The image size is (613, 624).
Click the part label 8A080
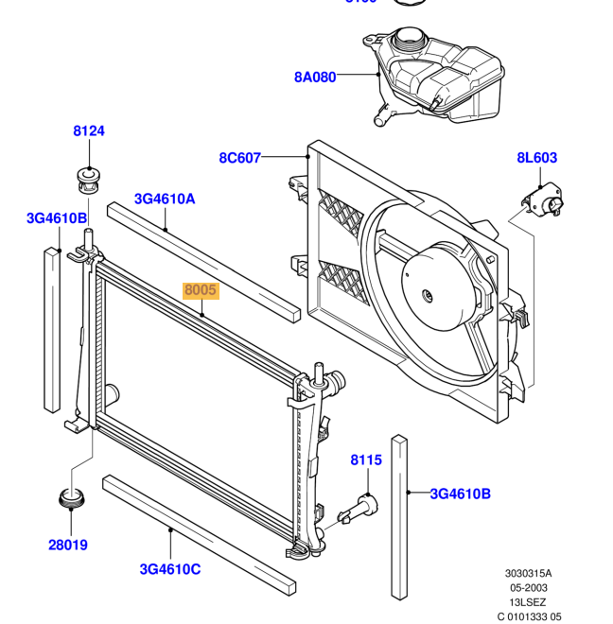(x=315, y=78)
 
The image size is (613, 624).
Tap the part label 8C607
(x=239, y=158)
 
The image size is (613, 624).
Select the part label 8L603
(x=536, y=158)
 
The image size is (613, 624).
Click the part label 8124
(x=89, y=131)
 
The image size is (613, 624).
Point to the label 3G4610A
(x=165, y=199)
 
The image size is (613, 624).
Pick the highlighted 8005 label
(x=201, y=291)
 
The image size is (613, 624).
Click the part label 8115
(x=366, y=460)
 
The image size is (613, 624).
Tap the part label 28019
(x=69, y=545)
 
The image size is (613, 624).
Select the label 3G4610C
(x=170, y=568)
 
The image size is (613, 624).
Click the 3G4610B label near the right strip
(x=461, y=493)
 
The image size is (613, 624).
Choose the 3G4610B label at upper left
(x=57, y=218)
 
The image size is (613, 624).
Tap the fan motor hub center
(x=428, y=294)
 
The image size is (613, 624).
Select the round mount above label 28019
(x=69, y=496)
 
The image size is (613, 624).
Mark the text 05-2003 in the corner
(x=528, y=587)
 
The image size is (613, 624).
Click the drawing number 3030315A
(x=528, y=573)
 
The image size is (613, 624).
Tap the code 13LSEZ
(x=528, y=601)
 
